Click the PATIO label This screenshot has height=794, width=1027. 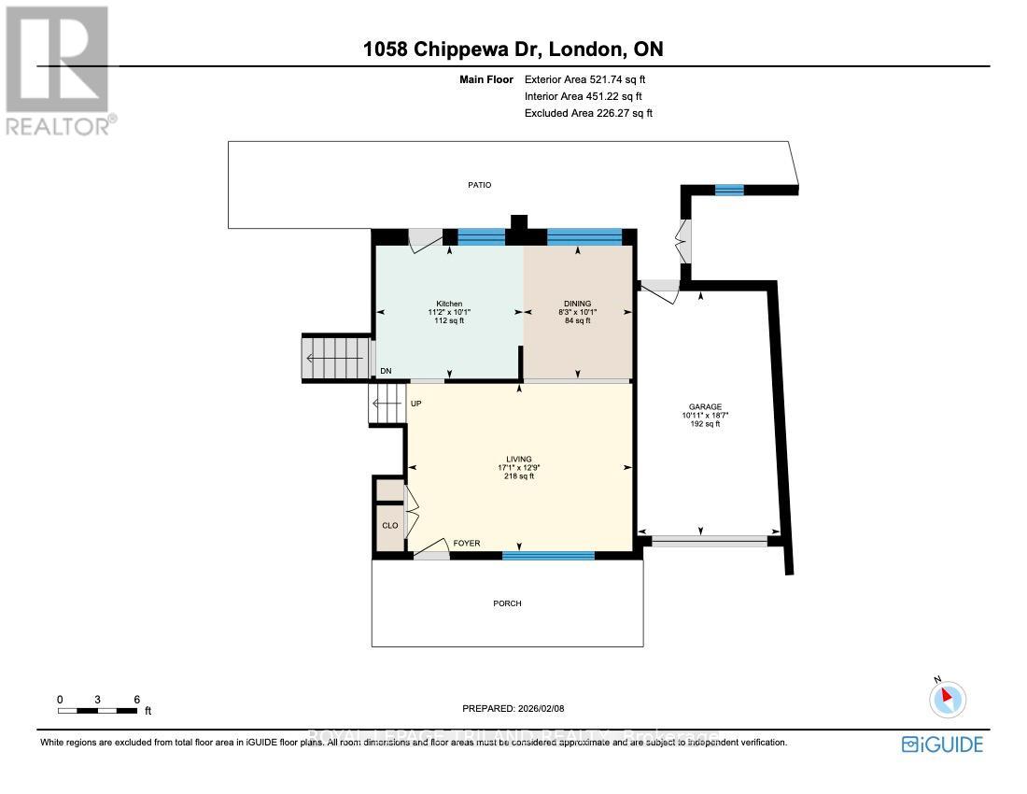pyautogui.click(x=479, y=185)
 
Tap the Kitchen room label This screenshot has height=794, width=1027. pyautogui.click(x=449, y=304)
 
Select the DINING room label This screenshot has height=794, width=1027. pyautogui.click(x=577, y=304)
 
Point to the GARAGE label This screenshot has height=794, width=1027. pyautogui.click(x=705, y=407)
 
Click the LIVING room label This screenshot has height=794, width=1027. pyautogui.click(x=519, y=460)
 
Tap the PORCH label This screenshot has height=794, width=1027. pyautogui.click(x=507, y=603)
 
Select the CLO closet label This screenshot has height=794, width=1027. pyautogui.click(x=389, y=526)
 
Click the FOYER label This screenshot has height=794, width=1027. pyautogui.click(x=467, y=543)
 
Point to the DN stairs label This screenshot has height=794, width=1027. pyautogui.click(x=386, y=372)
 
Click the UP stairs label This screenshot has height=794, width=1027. pyautogui.click(x=416, y=404)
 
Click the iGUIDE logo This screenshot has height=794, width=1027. pyautogui.click(x=942, y=744)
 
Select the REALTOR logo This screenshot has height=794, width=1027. pyautogui.click(x=57, y=71)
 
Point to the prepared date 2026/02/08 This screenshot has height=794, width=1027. pyautogui.click(x=527, y=709)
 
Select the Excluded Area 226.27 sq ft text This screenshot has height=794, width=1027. pyautogui.click(x=588, y=113)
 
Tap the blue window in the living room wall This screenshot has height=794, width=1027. pyautogui.click(x=548, y=555)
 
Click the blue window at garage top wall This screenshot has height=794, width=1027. pyautogui.click(x=728, y=191)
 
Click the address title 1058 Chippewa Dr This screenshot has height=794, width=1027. pyautogui.click(x=513, y=50)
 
